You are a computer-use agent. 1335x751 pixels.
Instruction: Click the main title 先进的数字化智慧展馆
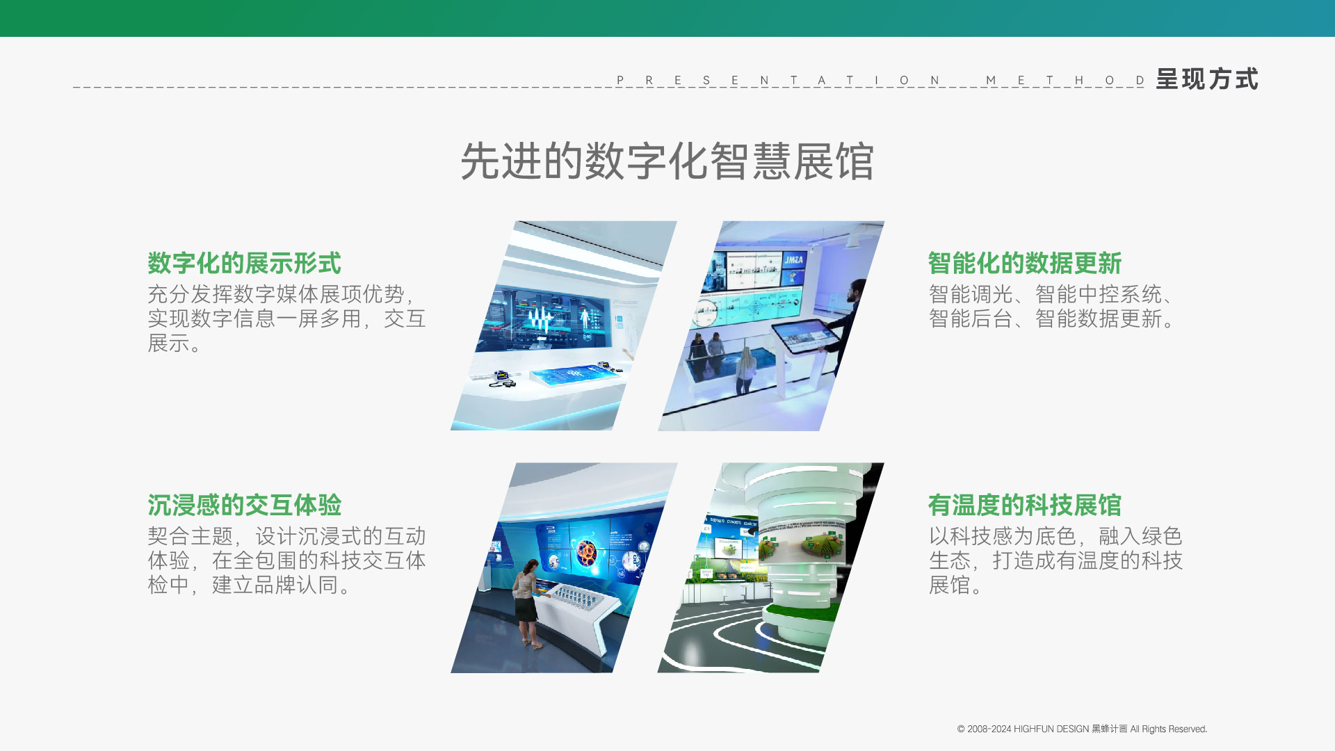click(667, 161)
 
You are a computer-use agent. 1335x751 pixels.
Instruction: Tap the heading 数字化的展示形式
click(244, 264)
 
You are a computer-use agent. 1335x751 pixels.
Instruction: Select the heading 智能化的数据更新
click(1025, 264)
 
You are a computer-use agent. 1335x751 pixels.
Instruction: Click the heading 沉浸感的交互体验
click(244, 506)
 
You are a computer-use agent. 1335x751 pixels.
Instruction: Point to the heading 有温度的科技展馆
click(1025, 506)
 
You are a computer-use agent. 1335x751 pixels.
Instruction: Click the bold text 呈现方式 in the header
click(1207, 79)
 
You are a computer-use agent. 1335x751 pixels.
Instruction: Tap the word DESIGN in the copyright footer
click(1072, 729)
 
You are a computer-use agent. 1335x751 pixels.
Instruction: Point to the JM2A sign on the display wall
click(793, 260)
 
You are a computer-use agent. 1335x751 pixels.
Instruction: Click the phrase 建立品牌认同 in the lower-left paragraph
click(276, 586)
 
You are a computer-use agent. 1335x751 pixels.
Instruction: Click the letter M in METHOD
click(991, 81)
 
